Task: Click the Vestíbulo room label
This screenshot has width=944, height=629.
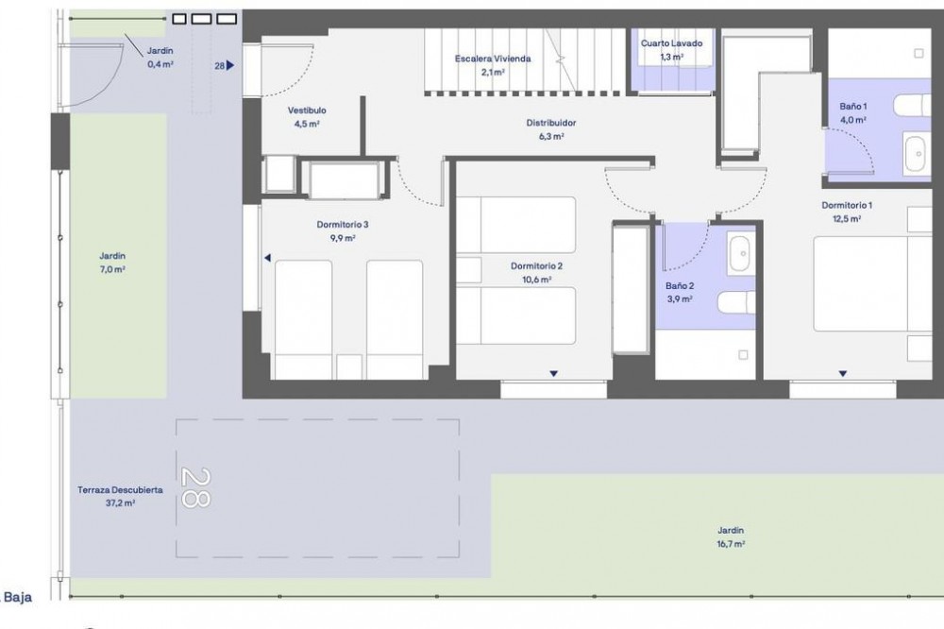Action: click(x=307, y=110)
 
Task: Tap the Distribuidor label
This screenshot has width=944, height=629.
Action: click(x=551, y=123)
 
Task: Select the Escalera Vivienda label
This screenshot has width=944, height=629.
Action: click(x=493, y=59)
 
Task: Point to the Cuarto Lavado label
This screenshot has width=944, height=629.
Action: click(x=671, y=43)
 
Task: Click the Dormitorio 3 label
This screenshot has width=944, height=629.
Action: click(x=342, y=225)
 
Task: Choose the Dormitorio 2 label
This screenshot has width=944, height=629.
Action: click(x=536, y=266)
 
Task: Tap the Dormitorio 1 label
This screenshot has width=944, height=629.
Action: click(x=847, y=206)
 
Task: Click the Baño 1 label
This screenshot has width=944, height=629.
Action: click(x=853, y=107)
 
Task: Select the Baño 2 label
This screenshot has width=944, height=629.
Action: click(x=680, y=286)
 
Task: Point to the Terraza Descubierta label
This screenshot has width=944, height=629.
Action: click(x=120, y=490)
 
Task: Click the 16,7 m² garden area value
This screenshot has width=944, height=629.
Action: click(x=731, y=544)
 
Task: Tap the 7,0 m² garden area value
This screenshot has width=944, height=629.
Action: click(x=112, y=270)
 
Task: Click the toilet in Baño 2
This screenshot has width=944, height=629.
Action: click(x=736, y=302)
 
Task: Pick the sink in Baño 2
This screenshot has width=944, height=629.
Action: click(x=740, y=254)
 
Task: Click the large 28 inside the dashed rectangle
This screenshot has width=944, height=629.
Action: click(x=195, y=488)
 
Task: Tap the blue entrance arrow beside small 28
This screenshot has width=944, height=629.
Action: click(x=230, y=66)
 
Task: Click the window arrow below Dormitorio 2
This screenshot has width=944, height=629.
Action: click(x=553, y=374)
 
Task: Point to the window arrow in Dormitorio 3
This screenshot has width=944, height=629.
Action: click(x=268, y=258)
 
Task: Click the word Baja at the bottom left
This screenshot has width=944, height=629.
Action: click(x=18, y=598)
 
